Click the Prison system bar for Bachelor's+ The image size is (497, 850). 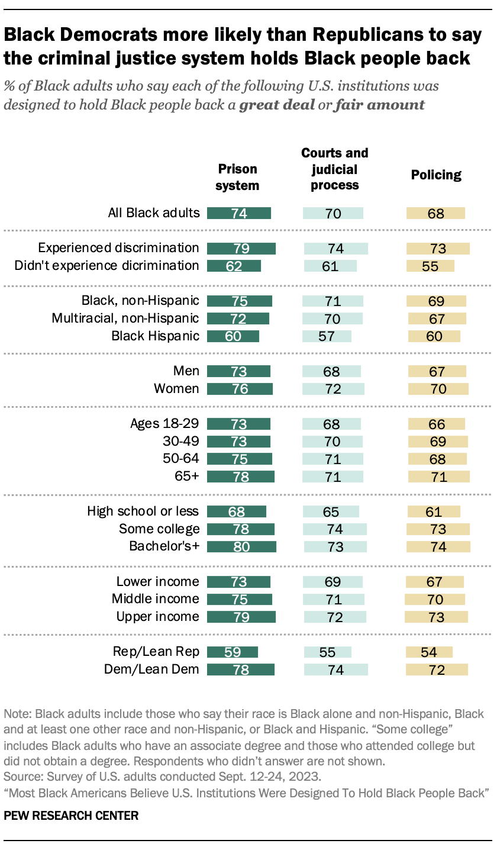pyautogui.click(x=241, y=546)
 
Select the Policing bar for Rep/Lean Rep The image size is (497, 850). pyautogui.click(x=429, y=652)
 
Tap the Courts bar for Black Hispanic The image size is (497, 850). pyautogui.click(x=327, y=336)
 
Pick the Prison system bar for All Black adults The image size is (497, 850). pyautogui.click(x=238, y=213)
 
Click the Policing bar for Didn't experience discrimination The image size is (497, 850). pyautogui.click(x=430, y=266)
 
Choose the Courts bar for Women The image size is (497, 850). pyautogui.click(x=333, y=389)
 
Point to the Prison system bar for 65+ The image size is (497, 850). pyautogui.click(x=241, y=476)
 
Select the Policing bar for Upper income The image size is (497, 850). pyautogui.click(x=436, y=617)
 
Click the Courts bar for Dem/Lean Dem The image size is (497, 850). pyautogui.click(x=335, y=669)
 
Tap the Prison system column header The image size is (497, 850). pyautogui.click(x=237, y=177)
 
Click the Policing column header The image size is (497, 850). pyautogui.click(x=436, y=175)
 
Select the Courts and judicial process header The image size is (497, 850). pyautogui.click(x=334, y=169)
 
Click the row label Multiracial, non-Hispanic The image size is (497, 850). pyautogui.click(x=125, y=318)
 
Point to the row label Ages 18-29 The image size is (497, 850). pyautogui.click(x=164, y=424)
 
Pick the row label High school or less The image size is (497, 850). pyautogui.click(x=143, y=511)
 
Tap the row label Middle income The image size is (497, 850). pyautogui.click(x=156, y=599)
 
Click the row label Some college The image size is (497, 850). pyautogui.click(x=159, y=529)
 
